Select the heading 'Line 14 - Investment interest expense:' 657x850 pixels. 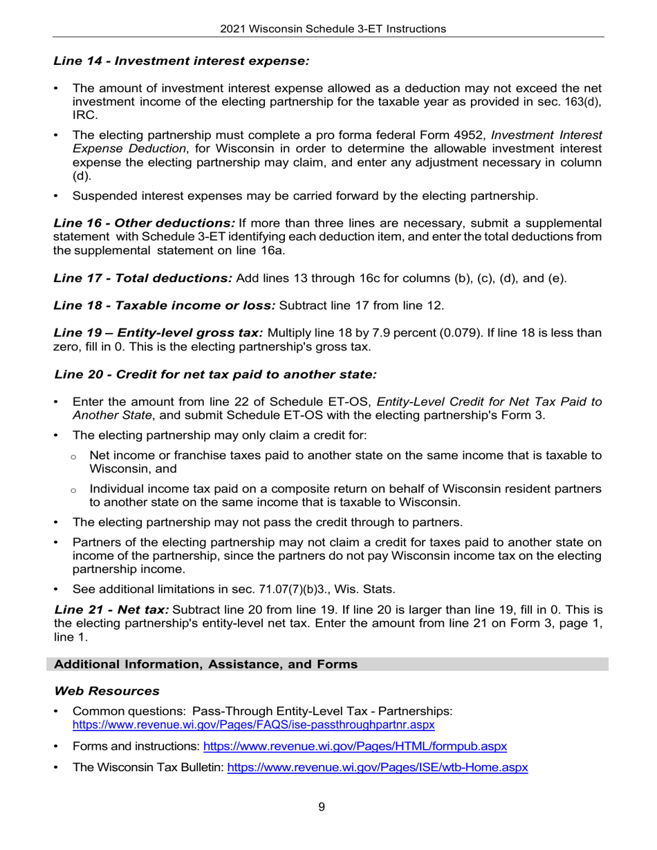(181, 61)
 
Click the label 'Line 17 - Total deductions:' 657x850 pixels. (142, 278)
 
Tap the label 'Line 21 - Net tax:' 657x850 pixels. (111, 610)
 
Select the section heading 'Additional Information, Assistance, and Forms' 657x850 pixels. (206, 664)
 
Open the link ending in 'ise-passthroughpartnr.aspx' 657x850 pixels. (253, 725)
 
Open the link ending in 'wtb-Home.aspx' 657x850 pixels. (378, 768)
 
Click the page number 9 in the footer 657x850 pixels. (322, 806)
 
